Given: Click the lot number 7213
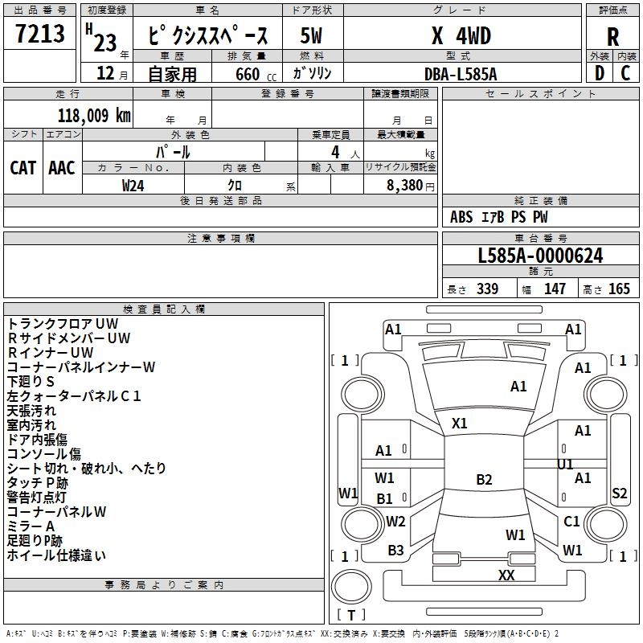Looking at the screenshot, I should coord(40,35).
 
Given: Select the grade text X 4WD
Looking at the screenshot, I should coord(461,36).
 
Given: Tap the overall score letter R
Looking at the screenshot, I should coord(612,37).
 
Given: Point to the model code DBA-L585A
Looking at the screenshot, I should coord(461,74).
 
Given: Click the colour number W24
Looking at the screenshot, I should coord(133,185).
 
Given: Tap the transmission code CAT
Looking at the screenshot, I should coord(23,167).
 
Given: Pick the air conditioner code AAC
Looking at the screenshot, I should coord(62,167).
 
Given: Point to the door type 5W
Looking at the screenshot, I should coord(312,36).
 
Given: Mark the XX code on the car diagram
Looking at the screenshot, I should coord(506,575).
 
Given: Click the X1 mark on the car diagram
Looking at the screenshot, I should coord(460,423).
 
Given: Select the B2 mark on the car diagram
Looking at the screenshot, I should coord(484,480).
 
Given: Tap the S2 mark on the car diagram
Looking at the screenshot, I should coord(619,494).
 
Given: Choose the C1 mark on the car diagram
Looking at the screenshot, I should coord(571,522).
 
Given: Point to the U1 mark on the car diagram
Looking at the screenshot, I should coord(566,464).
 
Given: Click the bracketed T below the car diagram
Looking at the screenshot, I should coord(351,616).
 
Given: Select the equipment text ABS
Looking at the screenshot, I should coord(461,217).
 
